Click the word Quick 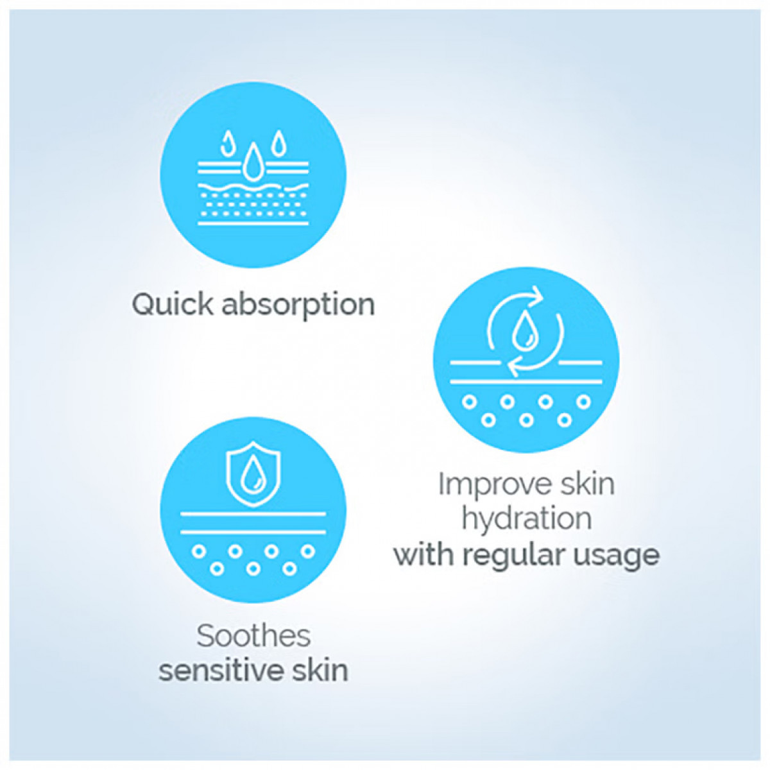tap(172, 305)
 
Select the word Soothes tap(253, 636)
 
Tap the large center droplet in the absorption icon tap(253, 163)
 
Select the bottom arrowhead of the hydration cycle tap(514, 365)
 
